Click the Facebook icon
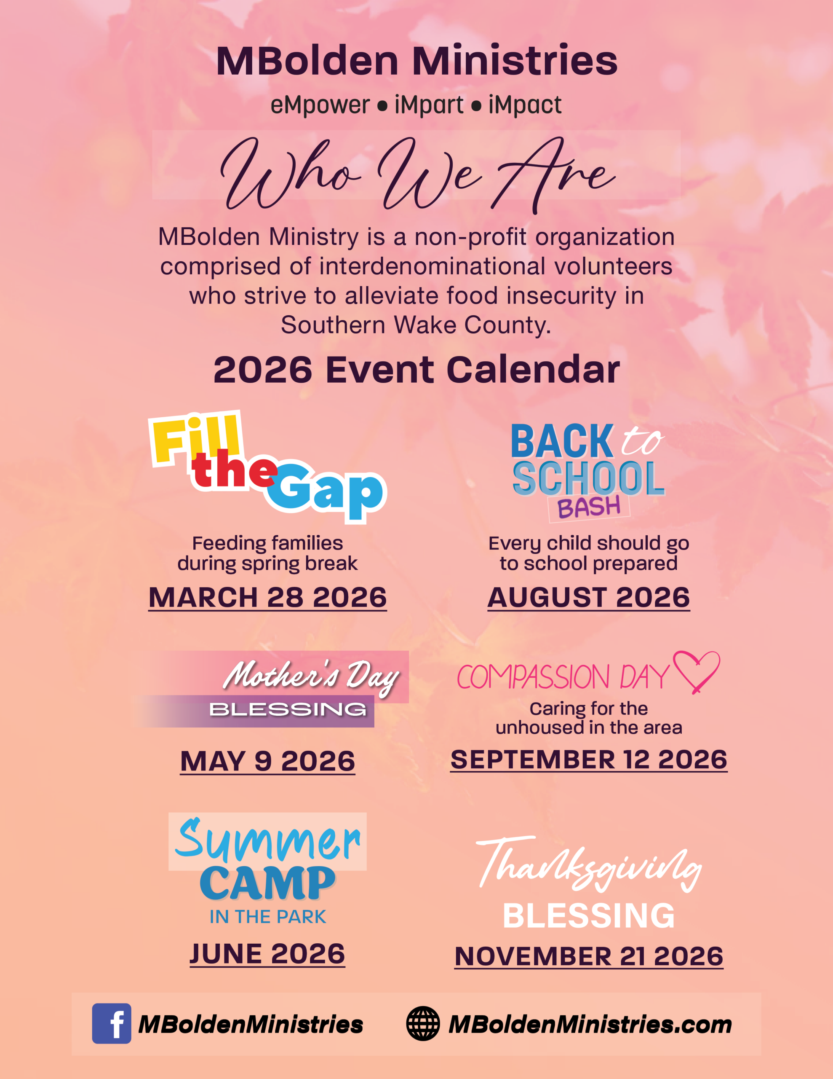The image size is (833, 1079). click(x=112, y=1023)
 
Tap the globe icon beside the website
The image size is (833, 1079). click(x=423, y=1024)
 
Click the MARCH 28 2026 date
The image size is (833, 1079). click(x=267, y=597)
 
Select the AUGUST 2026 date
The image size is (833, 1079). click(x=589, y=597)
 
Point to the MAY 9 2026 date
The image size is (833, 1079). click(x=267, y=761)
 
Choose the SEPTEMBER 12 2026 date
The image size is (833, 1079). click(x=589, y=760)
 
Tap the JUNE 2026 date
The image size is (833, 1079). click(x=267, y=953)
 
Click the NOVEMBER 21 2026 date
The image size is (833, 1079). click(x=589, y=956)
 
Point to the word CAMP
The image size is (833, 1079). click(x=267, y=884)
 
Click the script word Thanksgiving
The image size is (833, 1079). click(x=589, y=864)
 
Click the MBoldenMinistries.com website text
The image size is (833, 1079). click(x=590, y=1024)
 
